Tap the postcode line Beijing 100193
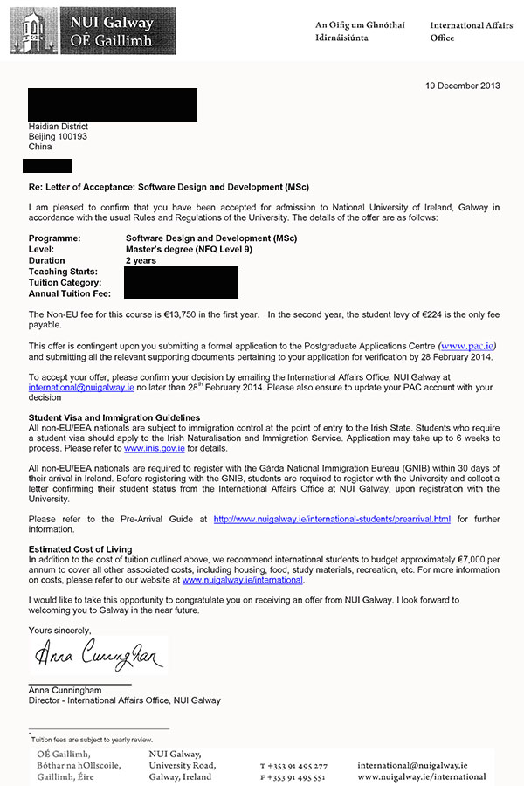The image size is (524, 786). click(x=59, y=137)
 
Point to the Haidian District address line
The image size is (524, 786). click(x=59, y=127)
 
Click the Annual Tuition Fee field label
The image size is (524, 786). click(x=69, y=293)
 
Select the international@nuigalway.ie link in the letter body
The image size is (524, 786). click(x=74, y=388)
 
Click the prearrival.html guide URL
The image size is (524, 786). click(x=332, y=519)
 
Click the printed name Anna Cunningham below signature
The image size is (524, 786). click(x=65, y=690)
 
